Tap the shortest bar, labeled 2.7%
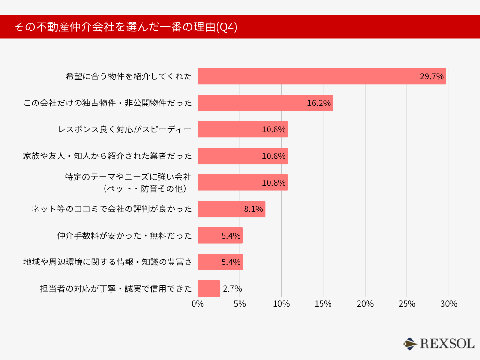pyautogui.click(x=209, y=289)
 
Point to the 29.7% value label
pyautogui.click(x=432, y=76)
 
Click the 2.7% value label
pyautogui.click(x=232, y=289)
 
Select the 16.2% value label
pyautogui.click(x=319, y=103)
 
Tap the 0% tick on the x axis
pyautogui.click(x=198, y=304)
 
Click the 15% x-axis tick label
pyautogui.click(x=323, y=304)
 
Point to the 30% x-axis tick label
pyautogui.click(x=449, y=304)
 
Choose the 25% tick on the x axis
pyautogui.click(x=407, y=304)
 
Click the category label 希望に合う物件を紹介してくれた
pyautogui.click(x=128, y=76)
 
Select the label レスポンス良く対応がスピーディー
pyautogui.click(x=124, y=129)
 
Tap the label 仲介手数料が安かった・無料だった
pyautogui.click(x=124, y=236)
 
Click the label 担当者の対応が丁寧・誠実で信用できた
pyautogui.click(x=116, y=289)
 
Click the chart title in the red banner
pyautogui.click(x=126, y=27)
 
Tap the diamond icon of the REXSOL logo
pyautogui.click(x=410, y=344)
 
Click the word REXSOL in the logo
pyautogui.click(x=447, y=344)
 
